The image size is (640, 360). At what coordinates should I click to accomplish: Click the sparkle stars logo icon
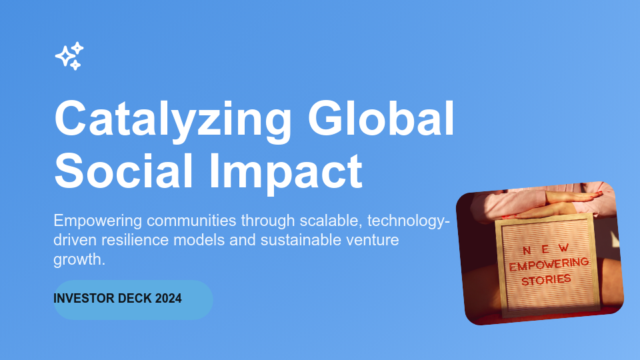click(x=69, y=56)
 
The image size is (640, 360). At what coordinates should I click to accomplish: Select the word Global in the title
click(x=381, y=119)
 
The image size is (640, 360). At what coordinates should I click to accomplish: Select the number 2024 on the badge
click(x=169, y=299)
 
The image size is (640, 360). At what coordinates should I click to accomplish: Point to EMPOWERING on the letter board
click(x=549, y=264)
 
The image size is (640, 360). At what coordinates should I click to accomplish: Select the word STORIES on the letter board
click(x=547, y=279)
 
